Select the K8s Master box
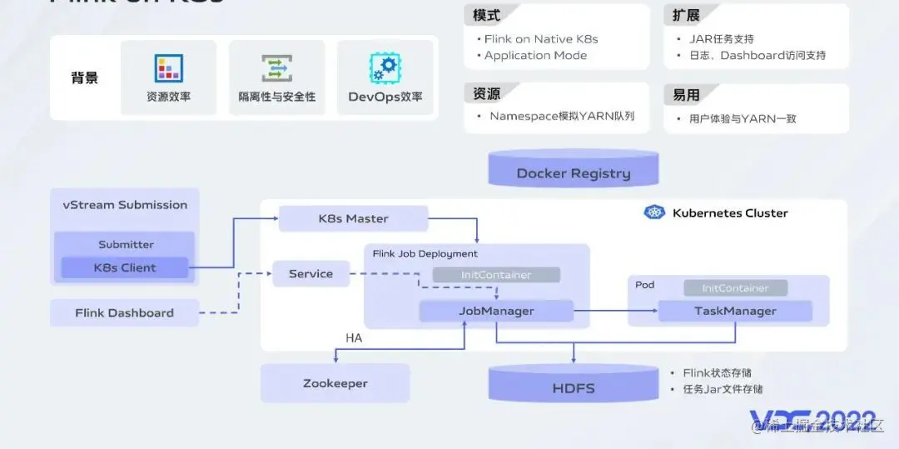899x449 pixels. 353,218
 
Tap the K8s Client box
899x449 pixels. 125,267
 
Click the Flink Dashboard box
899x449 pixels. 125,312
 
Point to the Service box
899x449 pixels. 310,273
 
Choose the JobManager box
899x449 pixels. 496,311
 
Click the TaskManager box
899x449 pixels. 735,311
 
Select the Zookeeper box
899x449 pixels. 335,383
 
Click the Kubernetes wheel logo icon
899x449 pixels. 655,212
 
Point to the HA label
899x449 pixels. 354,338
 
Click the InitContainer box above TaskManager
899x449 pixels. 735,287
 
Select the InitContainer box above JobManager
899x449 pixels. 496,274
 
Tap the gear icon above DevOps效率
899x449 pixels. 385,68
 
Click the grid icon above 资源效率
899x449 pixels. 168,68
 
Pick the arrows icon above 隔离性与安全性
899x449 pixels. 276,68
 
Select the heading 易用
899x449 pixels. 686,95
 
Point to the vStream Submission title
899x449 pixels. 125,204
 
